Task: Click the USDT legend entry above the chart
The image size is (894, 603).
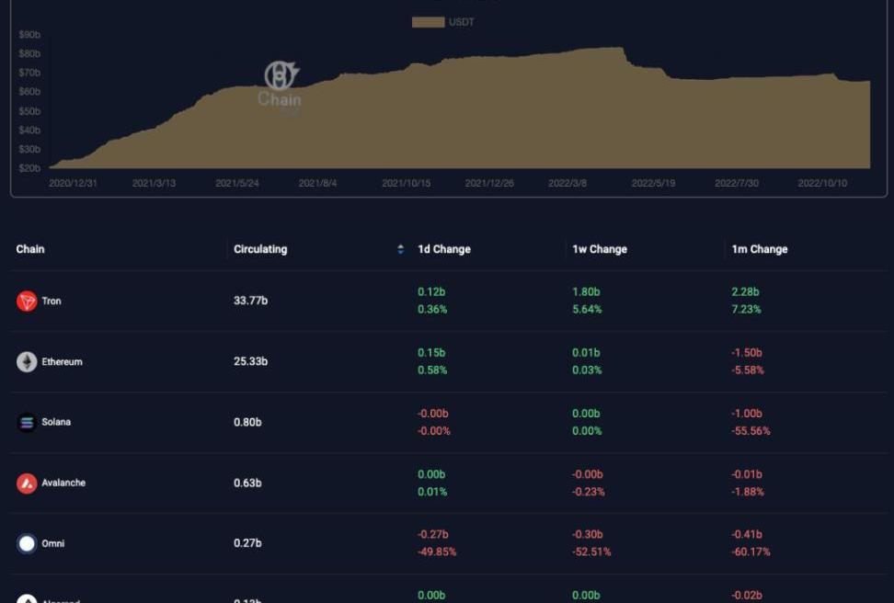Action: [443, 22]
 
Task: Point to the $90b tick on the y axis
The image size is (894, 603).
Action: [29, 35]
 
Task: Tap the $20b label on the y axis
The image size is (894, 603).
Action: [29, 168]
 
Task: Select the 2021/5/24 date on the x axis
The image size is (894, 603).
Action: [237, 184]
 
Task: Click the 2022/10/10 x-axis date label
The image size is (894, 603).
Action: [822, 184]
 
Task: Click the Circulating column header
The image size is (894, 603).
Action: [260, 249]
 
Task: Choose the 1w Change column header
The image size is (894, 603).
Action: [600, 249]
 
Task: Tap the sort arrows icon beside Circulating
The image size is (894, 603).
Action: [400, 249]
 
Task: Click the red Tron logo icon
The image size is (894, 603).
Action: [27, 301]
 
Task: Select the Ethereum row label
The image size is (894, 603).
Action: [62, 362]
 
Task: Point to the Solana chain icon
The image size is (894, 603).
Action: [27, 423]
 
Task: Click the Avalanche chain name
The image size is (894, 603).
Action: [63, 483]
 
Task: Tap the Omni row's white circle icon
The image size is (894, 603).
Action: [27, 543]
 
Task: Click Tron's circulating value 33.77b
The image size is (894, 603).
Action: [250, 301]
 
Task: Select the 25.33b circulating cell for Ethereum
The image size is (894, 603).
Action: [250, 361]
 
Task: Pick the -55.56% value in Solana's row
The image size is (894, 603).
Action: [751, 431]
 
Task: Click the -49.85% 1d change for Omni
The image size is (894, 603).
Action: [437, 552]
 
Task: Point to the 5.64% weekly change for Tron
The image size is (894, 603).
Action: [587, 310]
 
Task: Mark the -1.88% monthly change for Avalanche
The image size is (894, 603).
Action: [748, 492]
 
